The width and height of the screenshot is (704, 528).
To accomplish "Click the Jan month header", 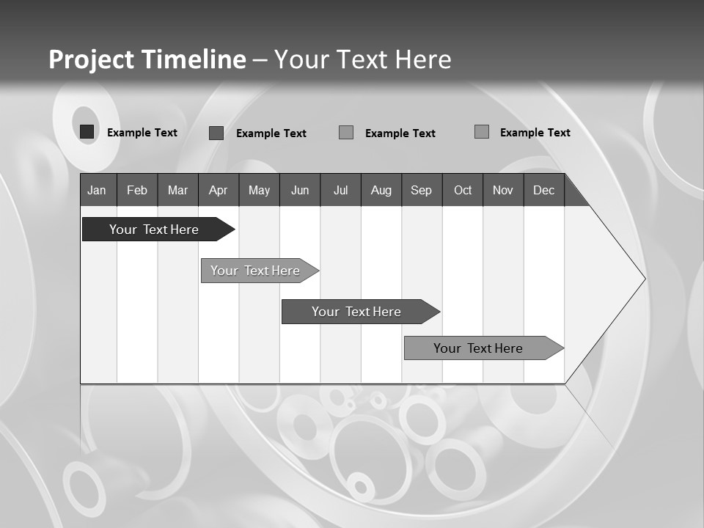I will tap(98, 190).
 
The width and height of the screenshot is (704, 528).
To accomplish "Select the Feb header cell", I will tap(137, 190).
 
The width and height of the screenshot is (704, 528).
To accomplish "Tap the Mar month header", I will tap(177, 190).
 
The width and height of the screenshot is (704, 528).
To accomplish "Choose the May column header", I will tap(259, 190).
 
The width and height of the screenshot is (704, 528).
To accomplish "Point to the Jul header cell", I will tap(340, 190).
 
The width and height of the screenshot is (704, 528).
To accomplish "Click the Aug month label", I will tap(381, 190).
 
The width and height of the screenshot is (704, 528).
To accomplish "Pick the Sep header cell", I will tap(422, 190).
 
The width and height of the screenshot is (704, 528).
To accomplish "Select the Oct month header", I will tap(463, 190).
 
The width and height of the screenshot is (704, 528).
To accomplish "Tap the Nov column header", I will tap(503, 190).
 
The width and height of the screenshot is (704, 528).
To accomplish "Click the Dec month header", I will tap(544, 190).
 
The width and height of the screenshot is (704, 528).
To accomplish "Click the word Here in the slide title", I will tap(423, 59).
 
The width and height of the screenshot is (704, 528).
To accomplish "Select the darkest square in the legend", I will tap(87, 132).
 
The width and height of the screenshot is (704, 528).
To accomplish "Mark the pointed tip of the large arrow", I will tap(644, 279).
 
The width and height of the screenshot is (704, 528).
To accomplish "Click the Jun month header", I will tap(300, 190).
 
